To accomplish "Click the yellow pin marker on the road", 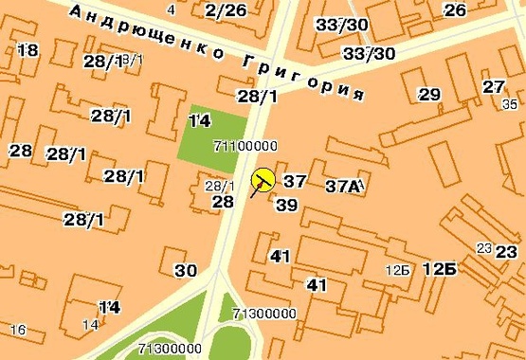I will coord(263,178).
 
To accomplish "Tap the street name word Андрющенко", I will coord(148,32).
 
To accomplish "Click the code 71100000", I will coord(245,146).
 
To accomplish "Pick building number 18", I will coord(27,50).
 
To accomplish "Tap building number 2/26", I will coord(225,10).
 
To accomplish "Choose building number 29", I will coord(429,95).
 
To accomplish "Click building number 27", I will coord(494,87).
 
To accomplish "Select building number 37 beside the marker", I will coord(295,181).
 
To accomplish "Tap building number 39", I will coord(286,205).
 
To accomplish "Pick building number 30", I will coord(186,270).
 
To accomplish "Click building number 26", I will coord(455,10).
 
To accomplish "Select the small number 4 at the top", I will coord(171,9).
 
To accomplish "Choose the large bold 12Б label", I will coord(440,269).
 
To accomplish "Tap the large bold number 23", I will coord(506,252).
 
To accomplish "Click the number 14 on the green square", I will coord(199,121).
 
